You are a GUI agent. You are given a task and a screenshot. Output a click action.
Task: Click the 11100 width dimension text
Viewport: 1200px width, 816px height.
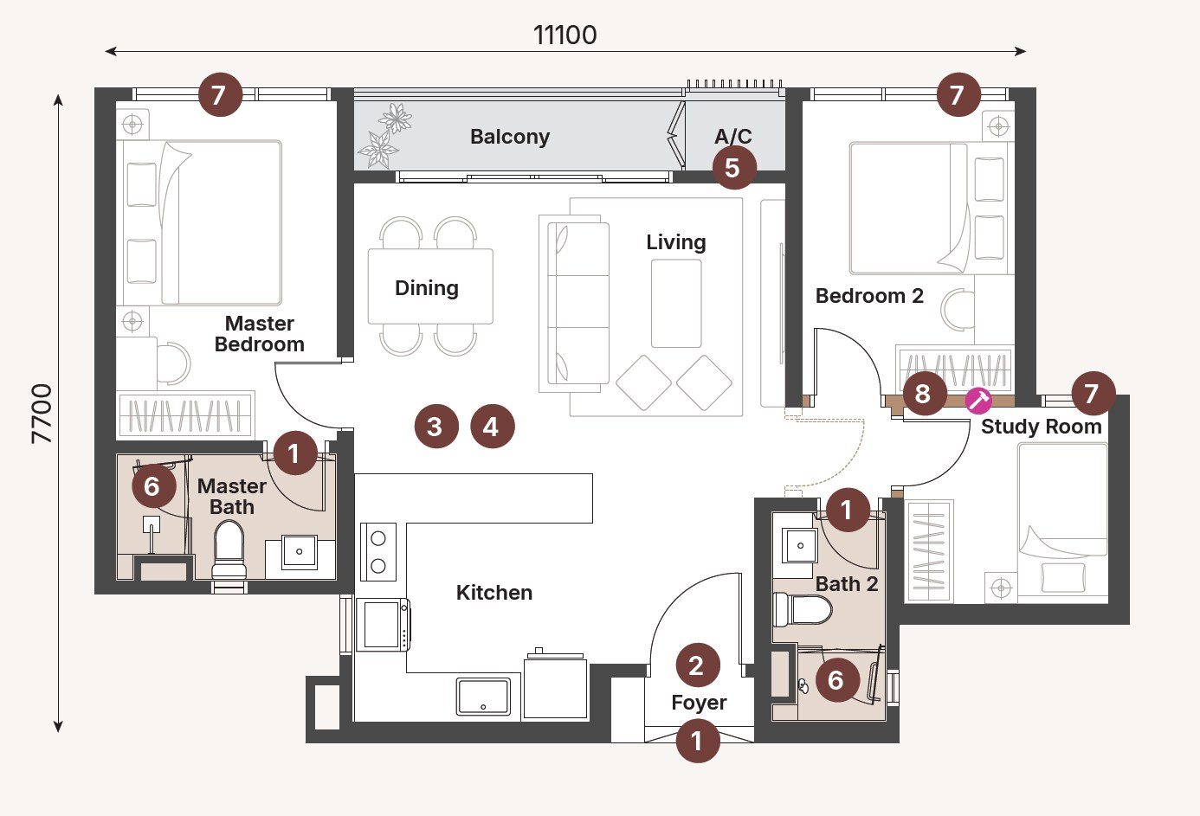click(x=565, y=35)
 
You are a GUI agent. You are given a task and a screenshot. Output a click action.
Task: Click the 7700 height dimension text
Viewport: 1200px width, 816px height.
click(x=42, y=414)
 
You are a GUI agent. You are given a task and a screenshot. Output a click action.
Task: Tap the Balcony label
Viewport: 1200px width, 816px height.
click(x=509, y=137)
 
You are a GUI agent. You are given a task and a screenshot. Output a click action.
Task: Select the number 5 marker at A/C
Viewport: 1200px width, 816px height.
click(x=733, y=168)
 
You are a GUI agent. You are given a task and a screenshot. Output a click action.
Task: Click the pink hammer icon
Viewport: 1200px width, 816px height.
click(x=979, y=401)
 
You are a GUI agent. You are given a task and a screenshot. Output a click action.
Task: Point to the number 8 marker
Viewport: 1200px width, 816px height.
click(x=923, y=395)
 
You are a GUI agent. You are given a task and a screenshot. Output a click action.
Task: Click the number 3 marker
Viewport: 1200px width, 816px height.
click(x=435, y=427)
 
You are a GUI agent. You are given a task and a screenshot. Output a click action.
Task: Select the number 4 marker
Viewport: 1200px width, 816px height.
click(x=492, y=427)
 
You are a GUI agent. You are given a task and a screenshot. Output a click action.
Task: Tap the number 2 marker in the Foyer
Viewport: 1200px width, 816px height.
click(x=696, y=665)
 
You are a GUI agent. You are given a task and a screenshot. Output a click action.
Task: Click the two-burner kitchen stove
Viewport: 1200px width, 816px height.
click(x=378, y=552)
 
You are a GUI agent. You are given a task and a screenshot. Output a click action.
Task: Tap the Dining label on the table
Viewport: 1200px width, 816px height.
click(x=427, y=288)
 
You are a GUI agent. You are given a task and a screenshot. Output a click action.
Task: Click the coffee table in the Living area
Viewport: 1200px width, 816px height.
click(x=676, y=303)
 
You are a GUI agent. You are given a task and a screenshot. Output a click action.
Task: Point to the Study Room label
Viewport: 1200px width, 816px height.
click(x=1041, y=427)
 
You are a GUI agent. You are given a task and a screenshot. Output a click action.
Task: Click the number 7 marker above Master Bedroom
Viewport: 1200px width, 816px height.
click(x=220, y=94)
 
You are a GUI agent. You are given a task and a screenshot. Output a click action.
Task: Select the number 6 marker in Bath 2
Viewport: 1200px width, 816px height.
click(x=835, y=680)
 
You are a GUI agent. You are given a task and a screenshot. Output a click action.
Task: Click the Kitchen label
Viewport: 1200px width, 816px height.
click(x=494, y=593)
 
